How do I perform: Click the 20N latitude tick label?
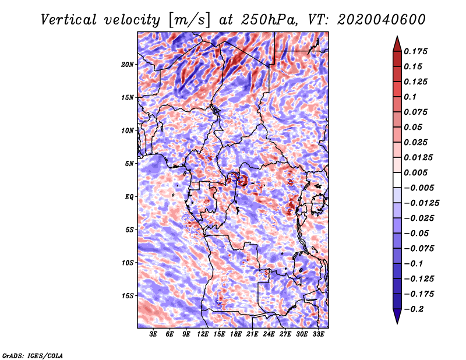tap(128, 64)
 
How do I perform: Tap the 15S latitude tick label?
tap(128, 296)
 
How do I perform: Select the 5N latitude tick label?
tap(129, 164)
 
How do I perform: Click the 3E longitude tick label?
tap(154, 334)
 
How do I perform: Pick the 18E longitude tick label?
tap(236, 334)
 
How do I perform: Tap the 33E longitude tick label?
tap(318, 334)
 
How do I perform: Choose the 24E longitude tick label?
tap(269, 334)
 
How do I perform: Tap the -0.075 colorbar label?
tap(419, 248)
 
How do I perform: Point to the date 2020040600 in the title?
tap(373, 19)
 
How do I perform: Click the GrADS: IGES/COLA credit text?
tap(32, 355)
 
